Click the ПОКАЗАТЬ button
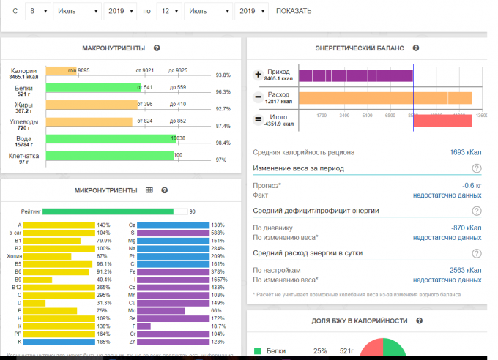[x=294, y=11]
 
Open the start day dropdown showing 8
[x=37, y=12]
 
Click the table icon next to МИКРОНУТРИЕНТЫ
[x=149, y=190]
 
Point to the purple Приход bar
[x=356, y=75]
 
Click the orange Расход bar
[x=385, y=98]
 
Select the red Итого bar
[x=442, y=120]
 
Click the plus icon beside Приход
[x=258, y=75]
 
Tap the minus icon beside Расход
[x=258, y=97]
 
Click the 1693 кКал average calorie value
[x=466, y=153]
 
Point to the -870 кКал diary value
[x=467, y=228]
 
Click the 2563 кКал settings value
[x=466, y=271]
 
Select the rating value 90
[x=193, y=211]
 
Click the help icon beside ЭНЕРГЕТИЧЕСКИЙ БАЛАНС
[x=416, y=48]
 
